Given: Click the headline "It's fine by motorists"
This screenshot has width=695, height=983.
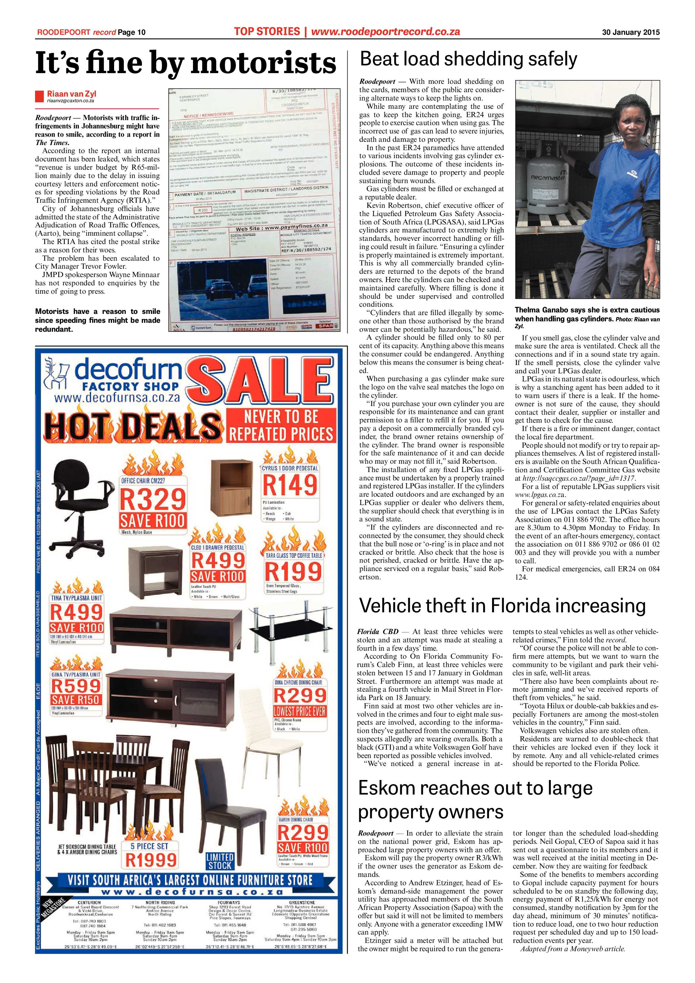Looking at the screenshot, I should pos(185,63).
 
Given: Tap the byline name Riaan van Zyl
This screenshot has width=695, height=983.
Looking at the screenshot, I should pos(72,94).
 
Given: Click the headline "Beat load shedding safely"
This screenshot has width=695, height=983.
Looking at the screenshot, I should pos(468,59).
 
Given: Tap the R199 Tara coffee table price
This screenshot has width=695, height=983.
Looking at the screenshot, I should pos(293,571).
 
